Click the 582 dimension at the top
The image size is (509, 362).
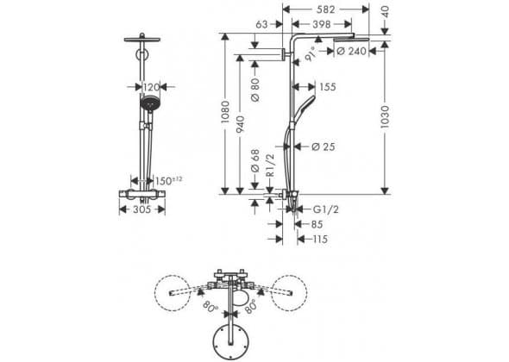(x=325, y=9)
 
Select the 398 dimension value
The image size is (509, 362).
(x=322, y=24)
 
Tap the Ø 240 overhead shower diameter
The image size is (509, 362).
(x=352, y=51)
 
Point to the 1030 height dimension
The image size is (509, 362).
(x=385, y=116)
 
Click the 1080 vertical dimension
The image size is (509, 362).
(x=224, y=112)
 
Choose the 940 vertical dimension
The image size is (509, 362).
(x=240, y=124)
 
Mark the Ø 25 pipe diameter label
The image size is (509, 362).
(x=323, y=147)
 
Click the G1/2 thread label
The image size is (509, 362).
(x=325, y=209)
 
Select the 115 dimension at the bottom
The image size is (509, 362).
(x=320, y=240)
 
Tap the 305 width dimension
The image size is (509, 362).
(x=142, y=209)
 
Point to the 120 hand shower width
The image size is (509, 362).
(x=152, y=87)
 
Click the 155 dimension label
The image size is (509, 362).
(x=328, y=87)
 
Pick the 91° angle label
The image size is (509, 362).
(x=310, y=53)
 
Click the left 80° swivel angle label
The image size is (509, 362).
(x=211, y=305)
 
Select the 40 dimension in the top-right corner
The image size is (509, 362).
(x=385, y=12)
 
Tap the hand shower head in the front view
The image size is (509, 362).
(x=150, y=103)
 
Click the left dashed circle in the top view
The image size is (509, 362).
(x=172, y=293)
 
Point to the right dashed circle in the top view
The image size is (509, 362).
(x=289, y=293)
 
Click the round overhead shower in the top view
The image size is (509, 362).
(x=231, y=341)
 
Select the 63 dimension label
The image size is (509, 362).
(x=261, y=24)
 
